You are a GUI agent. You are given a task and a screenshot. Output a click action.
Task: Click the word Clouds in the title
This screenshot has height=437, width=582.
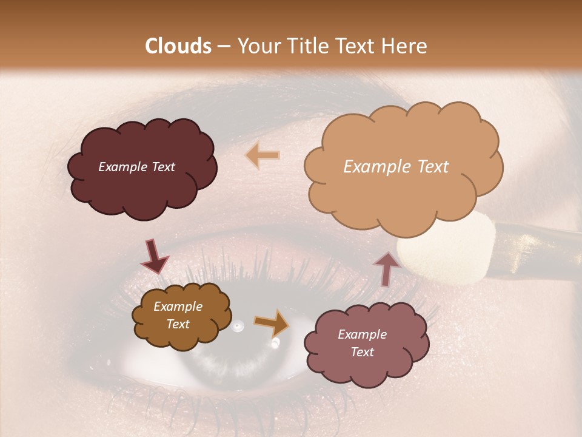coord(179,46)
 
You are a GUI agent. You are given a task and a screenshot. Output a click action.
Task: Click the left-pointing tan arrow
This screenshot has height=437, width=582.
coord(263,155)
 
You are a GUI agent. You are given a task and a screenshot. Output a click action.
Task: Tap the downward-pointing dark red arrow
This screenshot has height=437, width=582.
coord(154,257)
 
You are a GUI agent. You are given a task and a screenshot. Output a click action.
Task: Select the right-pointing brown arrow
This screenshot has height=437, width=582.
coord(272,324)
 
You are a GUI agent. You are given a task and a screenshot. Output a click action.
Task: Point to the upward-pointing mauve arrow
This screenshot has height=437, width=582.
coord(387,268)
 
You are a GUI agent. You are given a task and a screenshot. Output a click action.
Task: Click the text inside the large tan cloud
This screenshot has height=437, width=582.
coord(396,167)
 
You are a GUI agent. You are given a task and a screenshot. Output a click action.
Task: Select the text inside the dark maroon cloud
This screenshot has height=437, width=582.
coord(136,167)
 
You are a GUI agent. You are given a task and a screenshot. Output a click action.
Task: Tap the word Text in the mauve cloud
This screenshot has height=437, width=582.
coord(362,352)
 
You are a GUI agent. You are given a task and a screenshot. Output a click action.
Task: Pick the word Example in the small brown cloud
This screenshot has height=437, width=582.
coord(178,307)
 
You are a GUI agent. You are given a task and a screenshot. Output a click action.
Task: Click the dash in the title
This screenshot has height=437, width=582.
coord(223,46)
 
